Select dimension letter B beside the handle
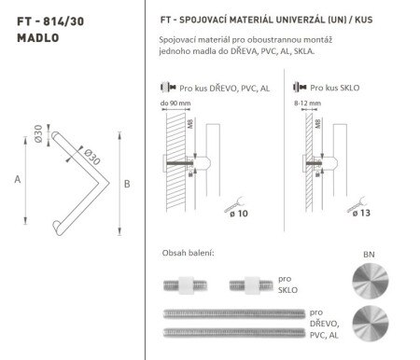[x=126, y=184]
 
